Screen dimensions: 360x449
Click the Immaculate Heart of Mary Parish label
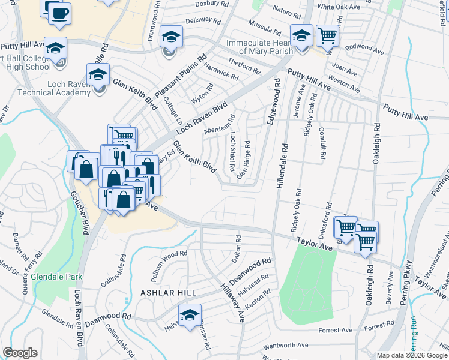[x=259, y=47]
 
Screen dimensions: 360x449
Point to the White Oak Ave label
[x=339, y=7]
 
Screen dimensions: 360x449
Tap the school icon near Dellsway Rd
[x=171, y=37]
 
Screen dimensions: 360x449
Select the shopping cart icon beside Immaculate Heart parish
[x=327, y=36]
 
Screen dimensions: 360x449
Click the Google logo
[x=20, y=353]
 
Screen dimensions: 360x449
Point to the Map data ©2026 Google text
[x=412, y=355]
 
